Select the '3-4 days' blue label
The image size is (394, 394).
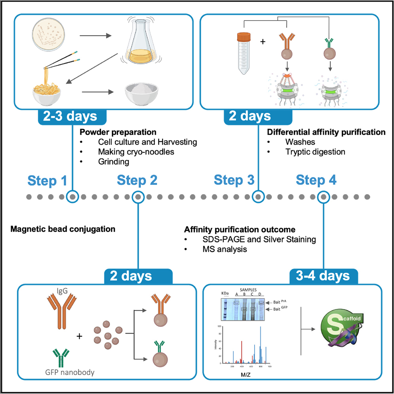click(324, 276)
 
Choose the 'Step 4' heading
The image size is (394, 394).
click(316, 180)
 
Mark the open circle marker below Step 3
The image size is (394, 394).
click(258, 196)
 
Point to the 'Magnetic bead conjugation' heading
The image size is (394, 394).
click(63, 229)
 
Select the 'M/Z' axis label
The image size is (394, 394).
click(246, 373)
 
